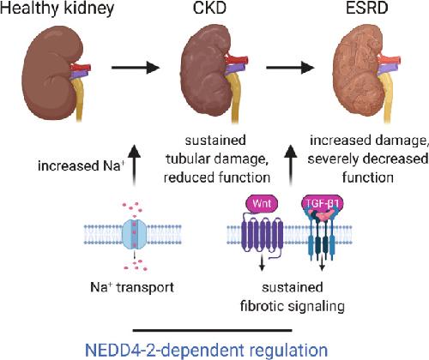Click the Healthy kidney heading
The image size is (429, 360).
coord(57,8)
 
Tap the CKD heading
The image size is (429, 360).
coord(209,8)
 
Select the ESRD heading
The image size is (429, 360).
coord(367,8)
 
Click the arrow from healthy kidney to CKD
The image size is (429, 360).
coord(136,68)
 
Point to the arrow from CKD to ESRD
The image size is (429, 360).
coord(290,68)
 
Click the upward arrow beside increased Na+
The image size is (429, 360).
coord(134,165)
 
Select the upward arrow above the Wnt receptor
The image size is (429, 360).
coord(291,165)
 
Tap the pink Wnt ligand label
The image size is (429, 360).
coord(262,204)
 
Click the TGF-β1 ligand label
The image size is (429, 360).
coord(323,203)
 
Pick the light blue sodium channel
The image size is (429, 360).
coord(134,234)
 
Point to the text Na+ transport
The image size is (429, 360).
coord(132,287)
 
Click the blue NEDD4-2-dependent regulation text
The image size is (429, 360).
coord(207,350)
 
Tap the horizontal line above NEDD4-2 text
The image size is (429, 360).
coord(213,331)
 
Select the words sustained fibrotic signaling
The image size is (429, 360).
coord(293,297)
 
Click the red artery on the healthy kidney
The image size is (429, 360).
coord(81,68)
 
